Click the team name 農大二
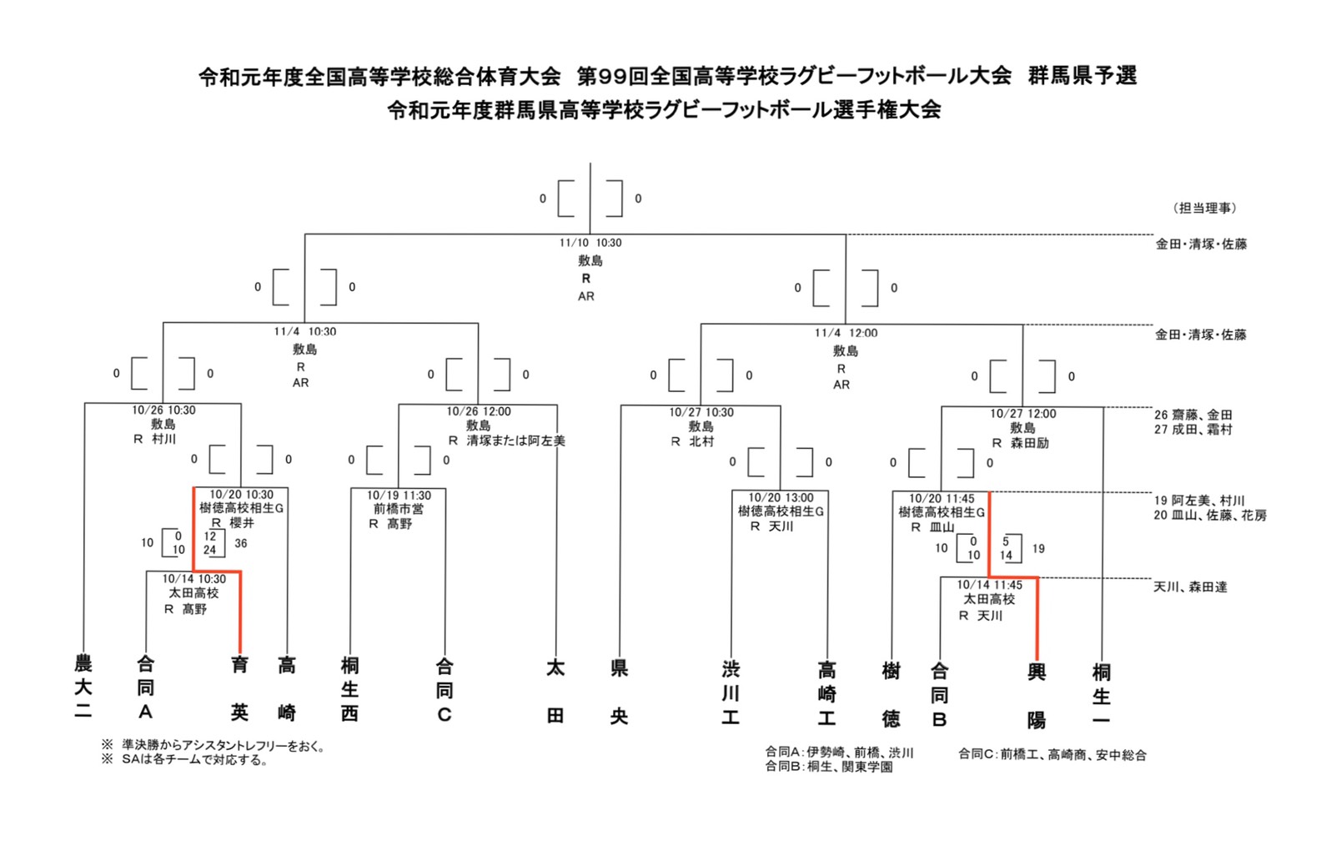tap(83, 687)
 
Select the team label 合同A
tap(145, 687)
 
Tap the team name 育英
tap(240, 687)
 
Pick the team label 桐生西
tap(350, 689)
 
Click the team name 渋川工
tap(731, 692)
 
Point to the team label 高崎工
tap(826, 692)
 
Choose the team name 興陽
tap(1037, 694)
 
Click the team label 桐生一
tap(1101, 694)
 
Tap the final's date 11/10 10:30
tap(590, 243)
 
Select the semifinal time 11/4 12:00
tap(846, 333)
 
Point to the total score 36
tap(241, 543)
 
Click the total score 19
tap(1038, 548)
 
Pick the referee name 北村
tap(701, 441)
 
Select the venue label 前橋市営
tap(399, 509)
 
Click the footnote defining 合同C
tap(1052, 755)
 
